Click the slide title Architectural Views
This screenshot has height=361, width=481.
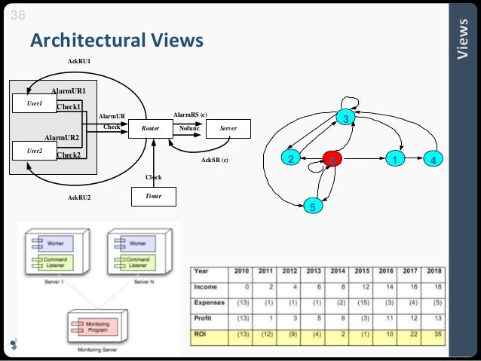[116, 40]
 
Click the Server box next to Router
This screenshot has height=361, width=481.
[228, 130]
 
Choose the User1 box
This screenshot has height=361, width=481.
[35, 103]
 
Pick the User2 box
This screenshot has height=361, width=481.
[35, 151]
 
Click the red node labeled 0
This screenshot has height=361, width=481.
[332, 160]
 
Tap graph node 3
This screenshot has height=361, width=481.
[345, 120]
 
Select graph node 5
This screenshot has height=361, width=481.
[316, 205]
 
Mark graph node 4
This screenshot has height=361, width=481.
[432, 160]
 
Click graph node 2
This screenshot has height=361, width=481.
[289, 159]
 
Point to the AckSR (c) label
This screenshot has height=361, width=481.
[215, 161]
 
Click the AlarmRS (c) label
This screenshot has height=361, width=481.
[190, 114]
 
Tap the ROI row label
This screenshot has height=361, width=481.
[201, 334]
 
